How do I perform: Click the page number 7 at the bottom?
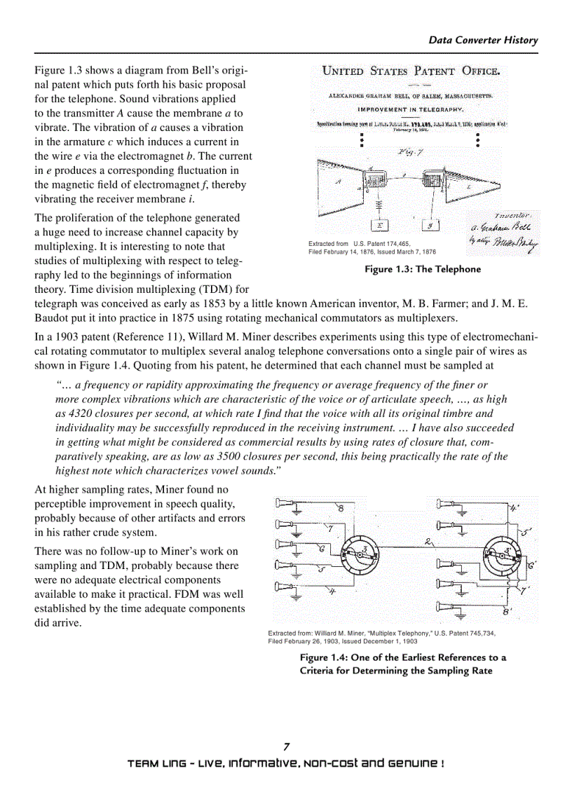pyautogui.click(x=286, y=747)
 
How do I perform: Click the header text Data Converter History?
pyautogui.click(x=483, y=40)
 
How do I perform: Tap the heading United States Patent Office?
pyautogui.click(x=410, y=71)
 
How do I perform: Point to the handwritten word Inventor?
pyautogui.click(x=517, y=215)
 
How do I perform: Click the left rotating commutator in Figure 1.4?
pyautogui.click(x=359, y=556)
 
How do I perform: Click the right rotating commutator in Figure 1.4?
pyautogui.click(x=501, y=556)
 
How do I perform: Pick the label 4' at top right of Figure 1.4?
pyautogui.click(x=515, y=507)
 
